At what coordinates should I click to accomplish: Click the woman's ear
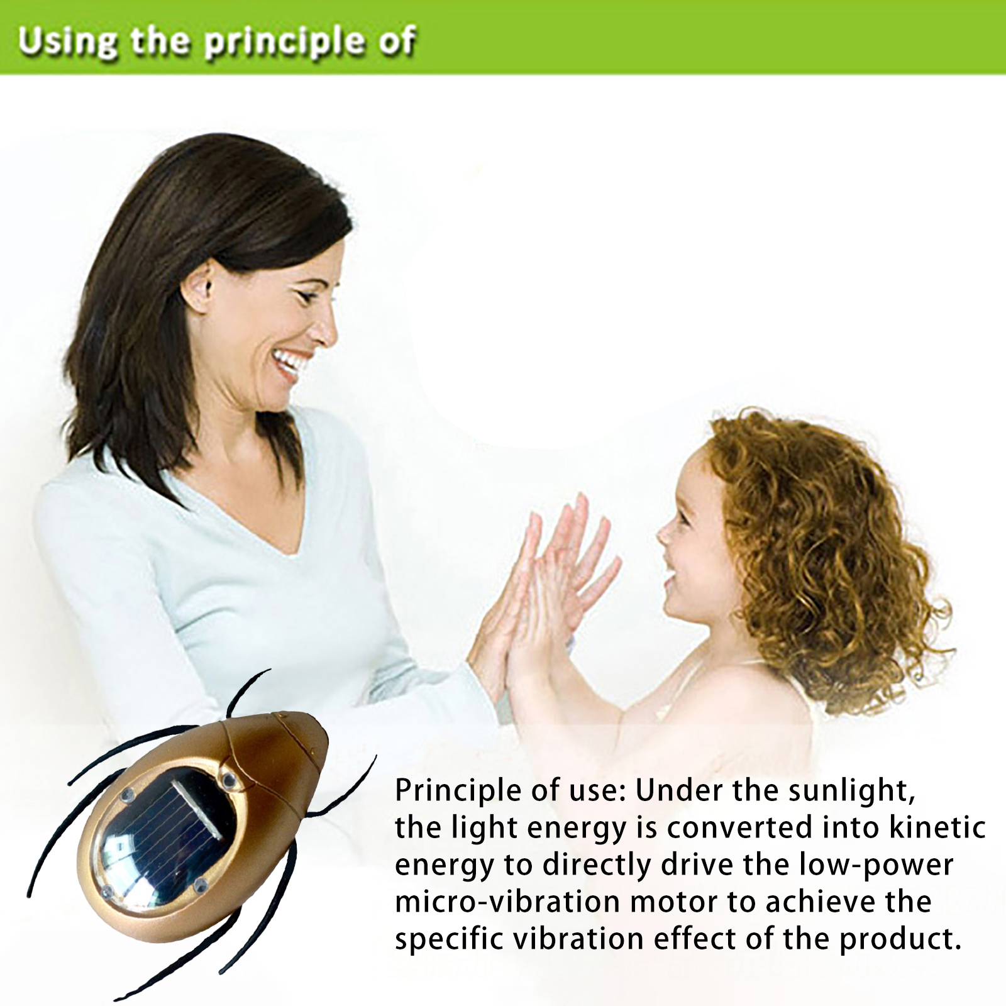pos(197,285)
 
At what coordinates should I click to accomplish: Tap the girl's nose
pos(663,534)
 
